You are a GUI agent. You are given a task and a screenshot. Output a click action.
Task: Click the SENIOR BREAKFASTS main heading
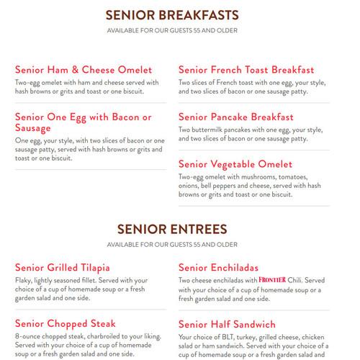pyautogui.click(x=172, y=15)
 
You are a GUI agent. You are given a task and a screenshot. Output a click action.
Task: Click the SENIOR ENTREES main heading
pyautogui.click(x=172, y=230)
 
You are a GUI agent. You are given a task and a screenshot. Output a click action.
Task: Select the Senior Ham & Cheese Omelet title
pyautogui.click(x=84, y=70)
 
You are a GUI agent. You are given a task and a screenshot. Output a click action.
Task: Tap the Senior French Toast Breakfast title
pyautogui.click(x=246, y=70)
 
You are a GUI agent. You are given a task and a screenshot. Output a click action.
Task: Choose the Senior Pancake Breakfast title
pyautogui.click(x=236, y=117)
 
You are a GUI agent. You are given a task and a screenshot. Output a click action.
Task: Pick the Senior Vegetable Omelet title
pyautogui.click(x=236, y=164)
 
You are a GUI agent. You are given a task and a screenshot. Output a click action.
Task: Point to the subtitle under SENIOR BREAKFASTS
pyautogui.click(x=172, y=30)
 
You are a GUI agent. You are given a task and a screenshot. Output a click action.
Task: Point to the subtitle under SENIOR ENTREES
pyautogui.click(x=172, y=245)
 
